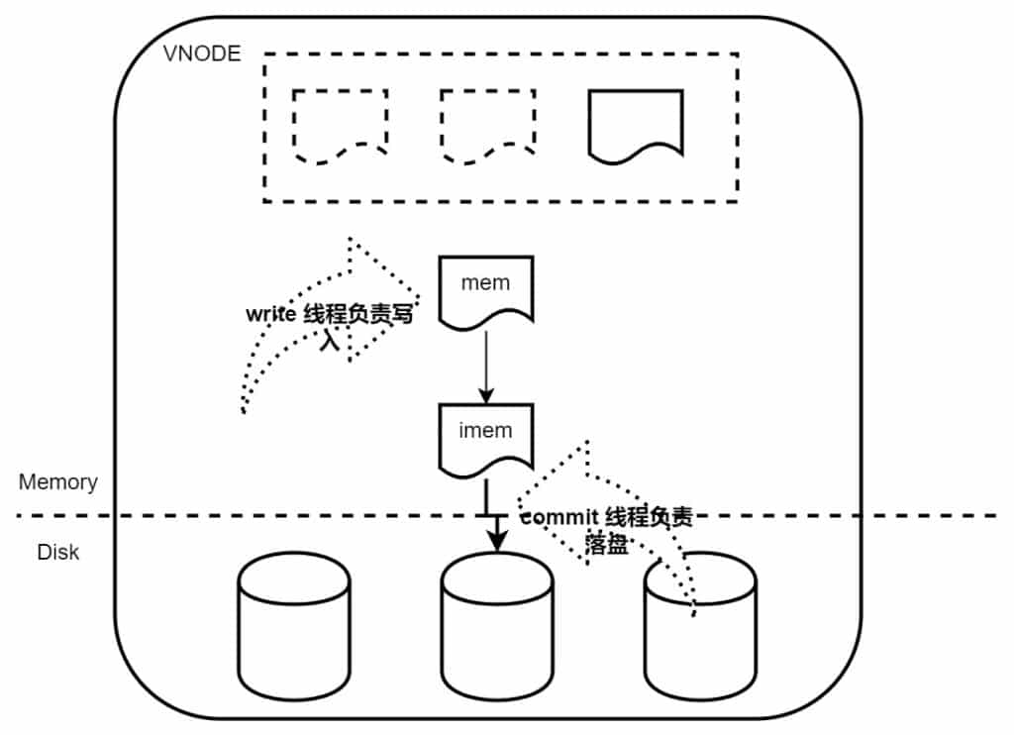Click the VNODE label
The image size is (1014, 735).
[x=201, y=53]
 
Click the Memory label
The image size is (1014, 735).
[x=58, y=482]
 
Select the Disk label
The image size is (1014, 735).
[x=58, y=552]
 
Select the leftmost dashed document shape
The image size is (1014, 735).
[x=340, y=125]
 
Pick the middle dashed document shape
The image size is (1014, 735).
[x=487, y=125]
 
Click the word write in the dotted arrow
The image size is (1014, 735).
[x=269, y=316]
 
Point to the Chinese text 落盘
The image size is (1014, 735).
[x=606, y=544]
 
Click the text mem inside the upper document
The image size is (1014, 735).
[x=485, y=282]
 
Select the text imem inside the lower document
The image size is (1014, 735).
[x=485, y=430]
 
